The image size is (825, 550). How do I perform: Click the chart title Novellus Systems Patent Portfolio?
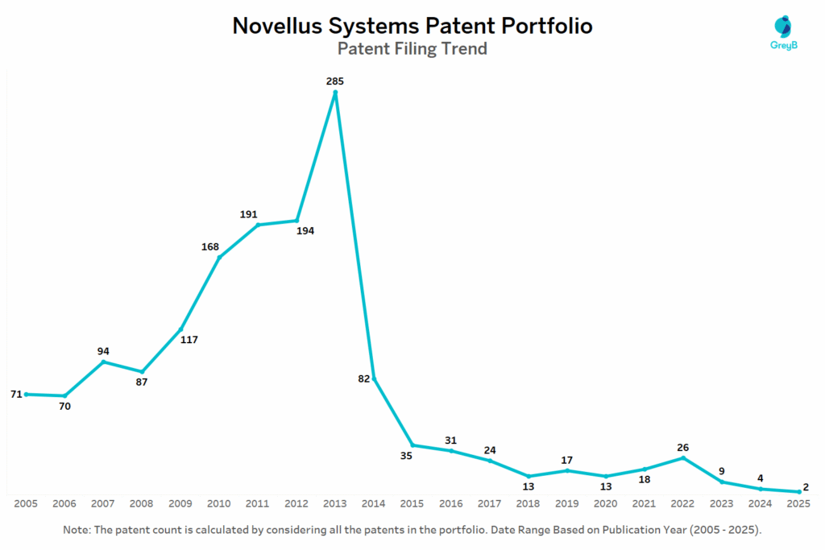click(x=412, y=26)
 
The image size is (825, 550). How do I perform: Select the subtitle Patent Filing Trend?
click(x=412, y=49)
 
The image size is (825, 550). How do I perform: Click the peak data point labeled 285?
click(x=335, y=92)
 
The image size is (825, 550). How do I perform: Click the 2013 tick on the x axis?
click(x=335, y=503)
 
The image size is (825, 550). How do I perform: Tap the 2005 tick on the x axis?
click(x=27, y=503)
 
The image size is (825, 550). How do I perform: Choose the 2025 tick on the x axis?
click(x=798, y=503)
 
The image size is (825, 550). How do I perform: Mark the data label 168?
click(x=210, y=246)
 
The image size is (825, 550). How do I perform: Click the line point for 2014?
click(x=374, y=378)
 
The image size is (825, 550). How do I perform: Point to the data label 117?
click(x=189, y=340)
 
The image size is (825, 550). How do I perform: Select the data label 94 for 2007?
click(x=103, y=351)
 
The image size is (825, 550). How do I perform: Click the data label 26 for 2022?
click(x=682, y=448)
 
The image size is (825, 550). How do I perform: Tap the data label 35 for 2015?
click(x=406, y=456)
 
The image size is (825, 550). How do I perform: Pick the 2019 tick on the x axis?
click(x=567, y=503)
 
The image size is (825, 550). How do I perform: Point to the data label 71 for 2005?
click(x=16, y=394)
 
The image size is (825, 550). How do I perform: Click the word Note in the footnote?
click(x=77, y=531)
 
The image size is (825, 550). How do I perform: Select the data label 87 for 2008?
click(x=142, y=382)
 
